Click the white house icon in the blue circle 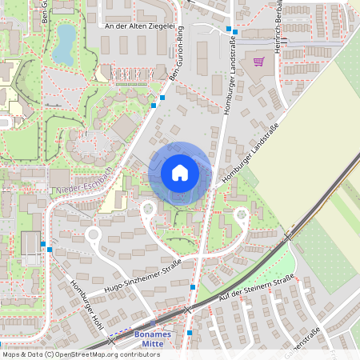[180, 172]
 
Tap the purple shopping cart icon [258, 61]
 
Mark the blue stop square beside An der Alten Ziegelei [229, 30]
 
